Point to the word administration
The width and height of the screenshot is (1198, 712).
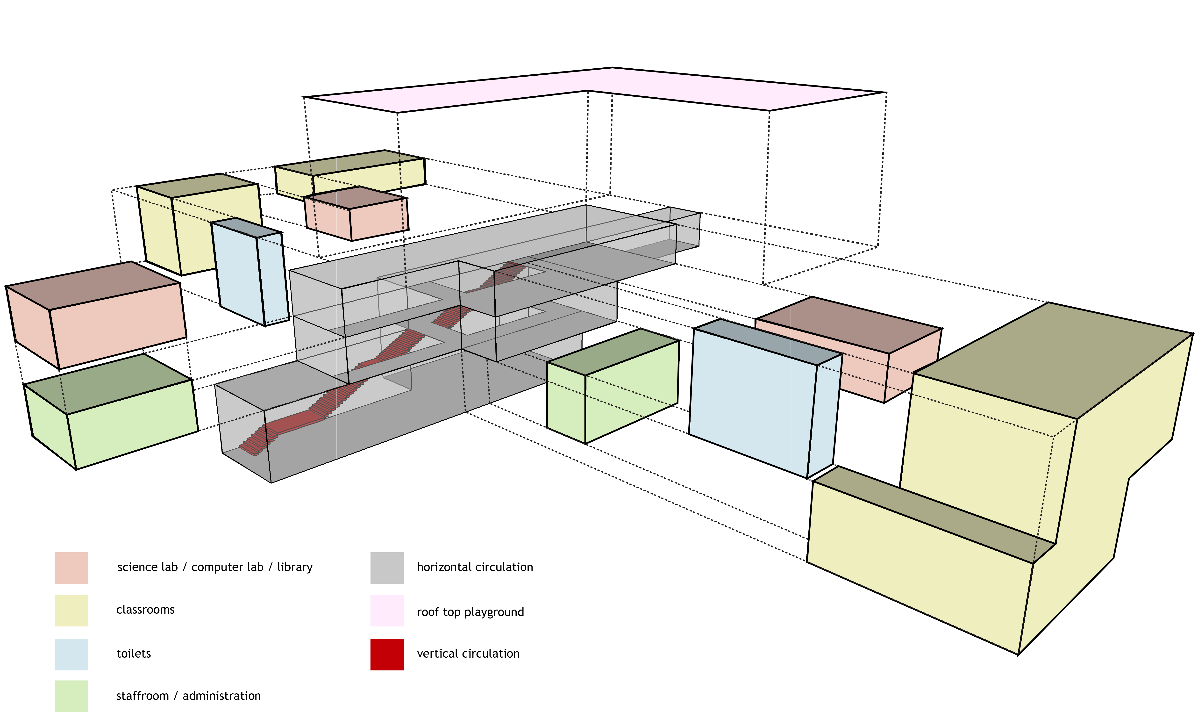(x=221, y=696)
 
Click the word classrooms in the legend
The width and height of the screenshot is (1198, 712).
(x=145, y=610)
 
